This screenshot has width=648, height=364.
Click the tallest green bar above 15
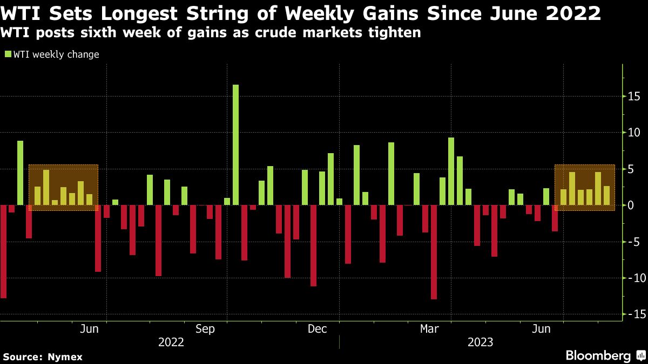[x=235, y=145]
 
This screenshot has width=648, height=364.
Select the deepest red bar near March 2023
[x=434, y=252]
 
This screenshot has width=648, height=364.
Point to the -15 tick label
[x=632, y=314]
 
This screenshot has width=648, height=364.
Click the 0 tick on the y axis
[x=631, y=205]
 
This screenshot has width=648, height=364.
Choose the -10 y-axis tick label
[x=632, y=278]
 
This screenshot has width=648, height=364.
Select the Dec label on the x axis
[x=318, y=329]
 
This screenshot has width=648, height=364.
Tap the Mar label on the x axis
[x=429, y=329]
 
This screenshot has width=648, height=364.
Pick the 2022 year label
[x=171, y=342]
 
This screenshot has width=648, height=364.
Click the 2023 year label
[x=480, y=342]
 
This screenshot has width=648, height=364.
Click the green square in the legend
[x=8, y=54]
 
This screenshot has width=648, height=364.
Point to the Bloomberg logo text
[x=598, y=355]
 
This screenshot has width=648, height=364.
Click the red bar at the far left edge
[x=3, y=251]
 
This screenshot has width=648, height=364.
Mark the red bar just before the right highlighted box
[x=555, y=218]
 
